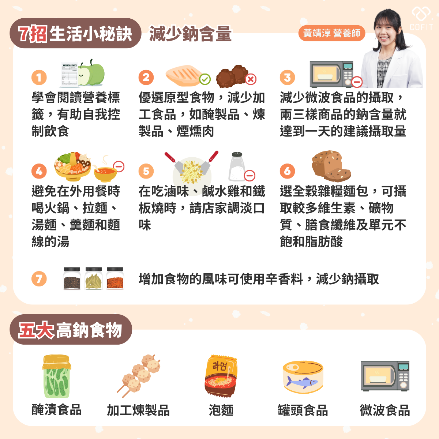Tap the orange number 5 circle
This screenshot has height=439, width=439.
[x=146, y=171]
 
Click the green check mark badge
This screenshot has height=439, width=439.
[x=205, y=79]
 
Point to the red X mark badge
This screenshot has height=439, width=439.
[x=251, y=79]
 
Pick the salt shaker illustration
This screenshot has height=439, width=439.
[x=237, y=166]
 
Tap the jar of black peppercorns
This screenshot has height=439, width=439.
[x=72, y=278]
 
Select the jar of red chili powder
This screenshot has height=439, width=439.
[x=115, y=278]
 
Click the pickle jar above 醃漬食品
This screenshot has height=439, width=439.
[x=56, y=376]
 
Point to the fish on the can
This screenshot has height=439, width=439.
[x=302, y=382]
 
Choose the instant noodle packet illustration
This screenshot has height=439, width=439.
[x=221, y=376]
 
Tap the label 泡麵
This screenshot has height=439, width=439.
[x=221, y=410]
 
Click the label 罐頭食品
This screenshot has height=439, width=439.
[x=303, y=410]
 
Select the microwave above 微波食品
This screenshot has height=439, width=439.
[x=385, y=376]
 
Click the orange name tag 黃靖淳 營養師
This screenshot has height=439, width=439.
[x=332, y=33]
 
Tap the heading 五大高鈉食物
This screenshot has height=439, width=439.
[x=70, y=330]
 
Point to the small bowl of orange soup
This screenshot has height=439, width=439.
[x=105, y=173]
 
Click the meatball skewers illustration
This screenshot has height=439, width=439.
[x=139, y=376]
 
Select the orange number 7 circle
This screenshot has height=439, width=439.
[x=39, y=278]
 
